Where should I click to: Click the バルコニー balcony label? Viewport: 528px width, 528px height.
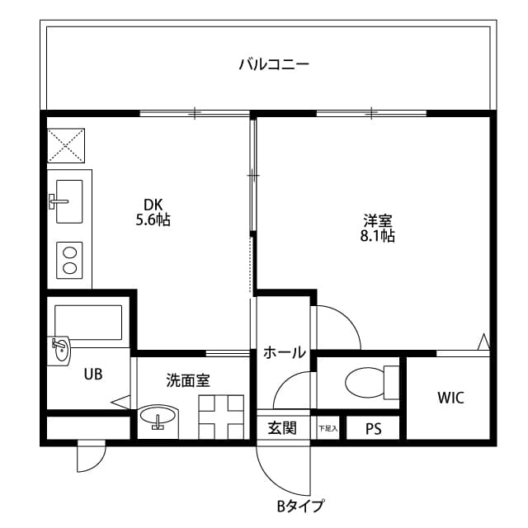point(274,64)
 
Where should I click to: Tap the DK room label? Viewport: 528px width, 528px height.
point(153,205)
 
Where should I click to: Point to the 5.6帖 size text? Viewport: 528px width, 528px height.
point(153,220)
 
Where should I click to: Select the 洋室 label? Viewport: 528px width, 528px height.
point(378,220)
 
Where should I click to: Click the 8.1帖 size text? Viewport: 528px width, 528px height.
point(378,236)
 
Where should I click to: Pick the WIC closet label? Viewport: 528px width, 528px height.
point(450,398)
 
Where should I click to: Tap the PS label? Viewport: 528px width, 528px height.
point(373,429)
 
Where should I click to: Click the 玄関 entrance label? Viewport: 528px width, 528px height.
point(282,428)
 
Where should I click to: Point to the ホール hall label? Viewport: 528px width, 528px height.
point(285,353)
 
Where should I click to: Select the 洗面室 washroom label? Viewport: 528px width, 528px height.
point(188,380)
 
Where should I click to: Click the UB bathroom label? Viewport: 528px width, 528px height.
point(92,374)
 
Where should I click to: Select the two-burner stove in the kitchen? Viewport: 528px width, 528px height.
point(68,260)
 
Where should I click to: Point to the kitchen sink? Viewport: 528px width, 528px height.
point(68,200)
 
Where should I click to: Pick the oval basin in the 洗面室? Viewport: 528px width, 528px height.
point(158,417)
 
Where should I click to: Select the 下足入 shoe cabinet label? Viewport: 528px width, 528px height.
point(328,429)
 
